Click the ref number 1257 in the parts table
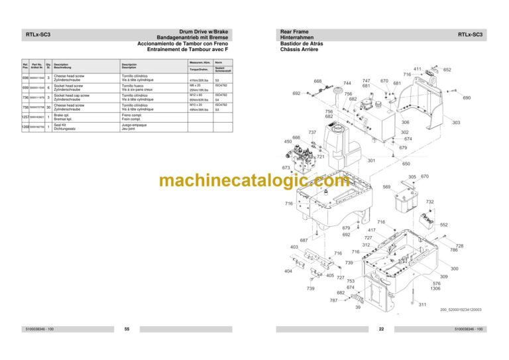(26, 116)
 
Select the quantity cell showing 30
(48, 107)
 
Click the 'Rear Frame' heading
(296, 31)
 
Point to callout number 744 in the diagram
(347, 84)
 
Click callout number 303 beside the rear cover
(456, 123)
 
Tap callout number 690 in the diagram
(467, 98)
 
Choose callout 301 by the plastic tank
(371, 160)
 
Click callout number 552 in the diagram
(444, 225)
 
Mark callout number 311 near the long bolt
(422, 304)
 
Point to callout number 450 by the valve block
(288, 142)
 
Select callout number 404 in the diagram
(288, 271)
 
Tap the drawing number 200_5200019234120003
(461, 309)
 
